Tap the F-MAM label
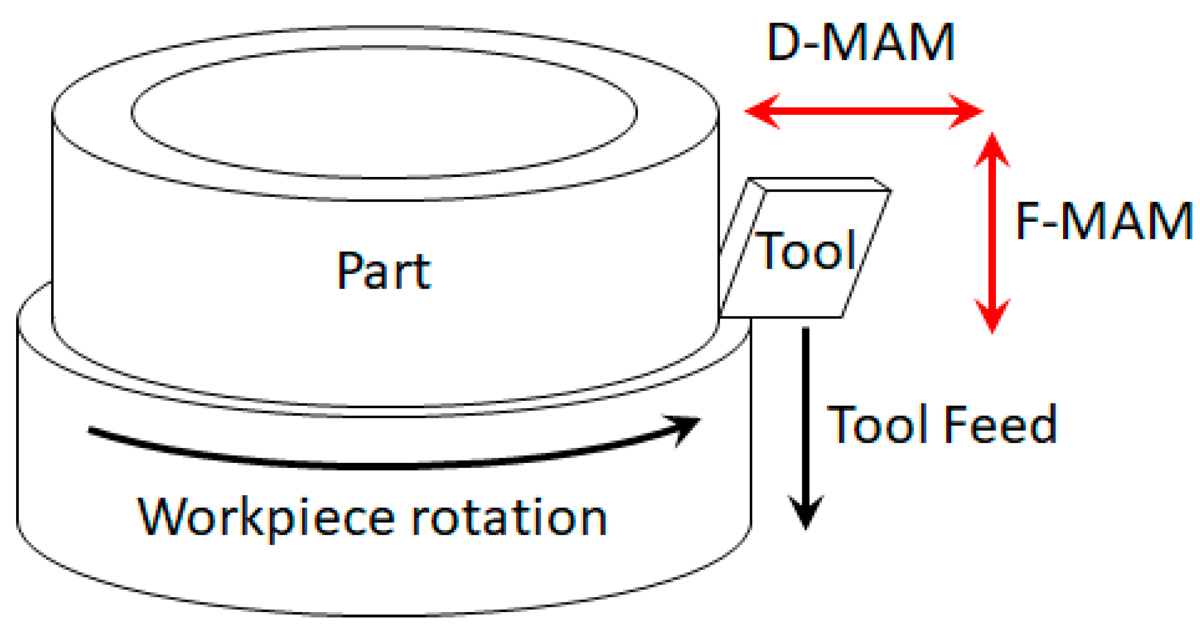pyautogui.click(x=1103, y=220)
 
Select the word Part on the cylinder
pyautogui.click(x=384, y=271)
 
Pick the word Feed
pyautogui.click(x=1000, y=424)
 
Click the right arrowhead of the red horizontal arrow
pyautogui.click(x=968, y=112)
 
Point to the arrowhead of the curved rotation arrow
pyautogui.click(x=688, y=427)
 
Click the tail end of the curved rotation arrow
pyautogui.click(x=92, y=430)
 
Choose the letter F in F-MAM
pyautogui.click(x=1028, y=220)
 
